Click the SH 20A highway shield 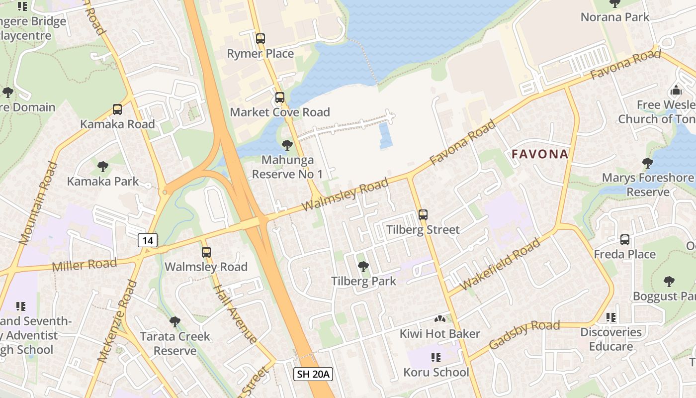[313, 374]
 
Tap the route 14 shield [147, 241]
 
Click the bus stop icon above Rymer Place [260, 38]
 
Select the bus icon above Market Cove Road [279, 97]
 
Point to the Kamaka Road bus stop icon [117, 109]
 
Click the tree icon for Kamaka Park [103, 166]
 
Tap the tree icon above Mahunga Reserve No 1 [287, 145]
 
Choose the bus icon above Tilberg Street [423, 215]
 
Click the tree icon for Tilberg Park [363, 267]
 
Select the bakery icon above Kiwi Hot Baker [439, 318]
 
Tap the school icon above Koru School [436, 357]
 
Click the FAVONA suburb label [540, 154]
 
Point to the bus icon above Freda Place [624, 239]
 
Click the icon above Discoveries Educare [611, 317]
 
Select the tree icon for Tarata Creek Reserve [174, 322]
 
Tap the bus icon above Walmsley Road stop [206, 252]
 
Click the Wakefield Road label [501, 265]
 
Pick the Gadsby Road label [524, 335]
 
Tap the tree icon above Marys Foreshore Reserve [647, 163]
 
